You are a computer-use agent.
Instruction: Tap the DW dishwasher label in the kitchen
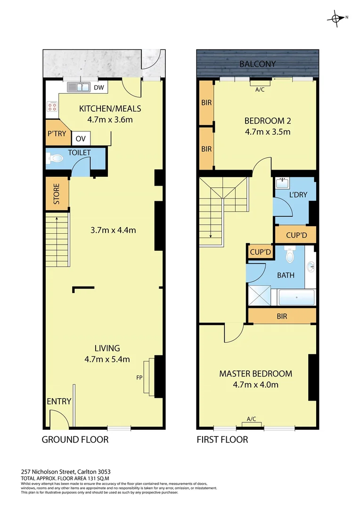point(98,87)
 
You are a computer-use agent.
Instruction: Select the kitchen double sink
point(79,87)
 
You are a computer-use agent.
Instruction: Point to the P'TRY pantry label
point(56,133)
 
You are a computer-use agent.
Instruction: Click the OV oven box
point(81,139)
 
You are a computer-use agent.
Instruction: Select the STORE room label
point(56,193)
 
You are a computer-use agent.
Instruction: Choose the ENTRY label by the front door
point(59,402)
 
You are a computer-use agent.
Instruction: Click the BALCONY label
point(257,64)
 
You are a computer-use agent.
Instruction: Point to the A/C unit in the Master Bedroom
point(251,422)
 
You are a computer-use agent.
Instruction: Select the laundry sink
point(283,182)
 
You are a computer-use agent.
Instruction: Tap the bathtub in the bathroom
point(296,298)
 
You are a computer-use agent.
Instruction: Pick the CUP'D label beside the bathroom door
point(260,252)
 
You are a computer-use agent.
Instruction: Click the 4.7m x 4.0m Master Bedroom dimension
point(255,385)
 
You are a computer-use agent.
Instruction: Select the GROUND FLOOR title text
point(75,440)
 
